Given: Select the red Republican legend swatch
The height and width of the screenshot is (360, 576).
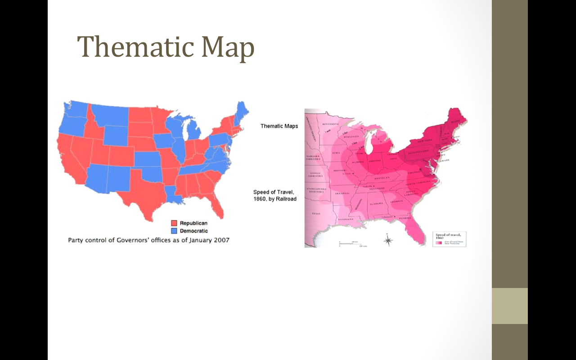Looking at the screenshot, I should click(x=174, y=223).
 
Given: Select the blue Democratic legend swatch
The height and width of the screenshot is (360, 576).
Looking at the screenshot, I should click(x=174, y=231).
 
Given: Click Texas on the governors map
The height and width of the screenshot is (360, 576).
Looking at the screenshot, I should click(x=144, y=193).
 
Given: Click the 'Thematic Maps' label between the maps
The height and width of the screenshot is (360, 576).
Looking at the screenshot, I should click(x=279, y=126).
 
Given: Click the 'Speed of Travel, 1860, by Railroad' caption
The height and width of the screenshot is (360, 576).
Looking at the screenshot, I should click(x=274, y=195).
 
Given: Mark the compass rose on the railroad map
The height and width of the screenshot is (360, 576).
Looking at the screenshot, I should click(x=388, y=241).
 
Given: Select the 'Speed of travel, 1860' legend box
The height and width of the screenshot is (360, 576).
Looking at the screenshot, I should click(x=450, y=239).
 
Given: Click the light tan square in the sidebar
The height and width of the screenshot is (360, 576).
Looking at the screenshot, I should click(x=509, y=306).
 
